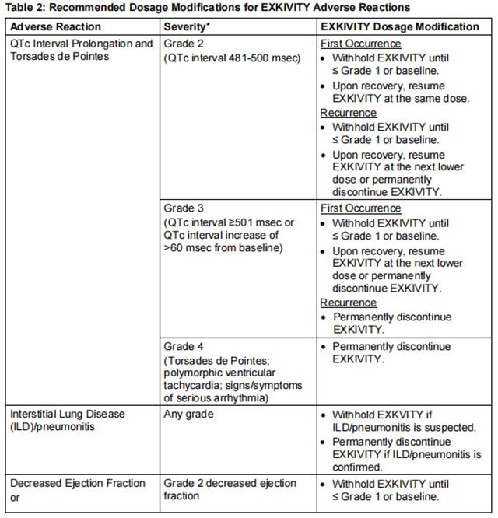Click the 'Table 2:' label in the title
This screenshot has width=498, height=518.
point(23,8)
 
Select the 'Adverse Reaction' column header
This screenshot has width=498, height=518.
point(55,26)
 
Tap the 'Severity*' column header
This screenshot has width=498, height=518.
point(188,26)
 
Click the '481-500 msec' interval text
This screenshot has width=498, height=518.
point(261,58)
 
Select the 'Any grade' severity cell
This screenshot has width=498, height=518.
point(188,415)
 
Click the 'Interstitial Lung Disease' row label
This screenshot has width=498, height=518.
point(68,415)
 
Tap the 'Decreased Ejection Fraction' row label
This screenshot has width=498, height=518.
point(78,483)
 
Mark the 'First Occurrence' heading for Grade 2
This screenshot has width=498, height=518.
point(360,44)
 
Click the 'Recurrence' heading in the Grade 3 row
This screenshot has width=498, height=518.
point(348,303)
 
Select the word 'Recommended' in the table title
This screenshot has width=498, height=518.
point(89,8)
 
